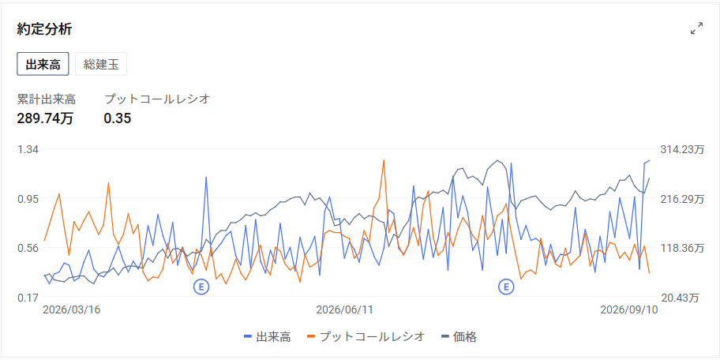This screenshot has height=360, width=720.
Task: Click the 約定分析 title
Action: [44, 29]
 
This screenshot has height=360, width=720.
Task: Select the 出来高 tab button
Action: [43, 64]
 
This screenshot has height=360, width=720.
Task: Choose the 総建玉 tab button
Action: [101, 64]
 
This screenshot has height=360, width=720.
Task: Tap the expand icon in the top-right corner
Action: [696, 28]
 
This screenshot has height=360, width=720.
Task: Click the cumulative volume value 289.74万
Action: [45, 118]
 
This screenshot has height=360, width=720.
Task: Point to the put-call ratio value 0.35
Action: [118, 118]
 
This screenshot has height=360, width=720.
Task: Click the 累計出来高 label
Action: [47, 99]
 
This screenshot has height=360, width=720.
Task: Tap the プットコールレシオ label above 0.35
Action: [157, 99]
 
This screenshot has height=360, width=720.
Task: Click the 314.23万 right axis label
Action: [682, 149]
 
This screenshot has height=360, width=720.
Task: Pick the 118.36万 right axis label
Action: [682, 248]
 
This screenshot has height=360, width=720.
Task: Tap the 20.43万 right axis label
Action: [680, 298]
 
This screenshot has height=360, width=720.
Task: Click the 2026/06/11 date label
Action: [344, 309]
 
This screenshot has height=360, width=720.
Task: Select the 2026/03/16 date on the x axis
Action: [71, 309]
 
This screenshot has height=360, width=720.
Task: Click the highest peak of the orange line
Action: [384, 160]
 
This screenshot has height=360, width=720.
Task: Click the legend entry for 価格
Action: [459, 336]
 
